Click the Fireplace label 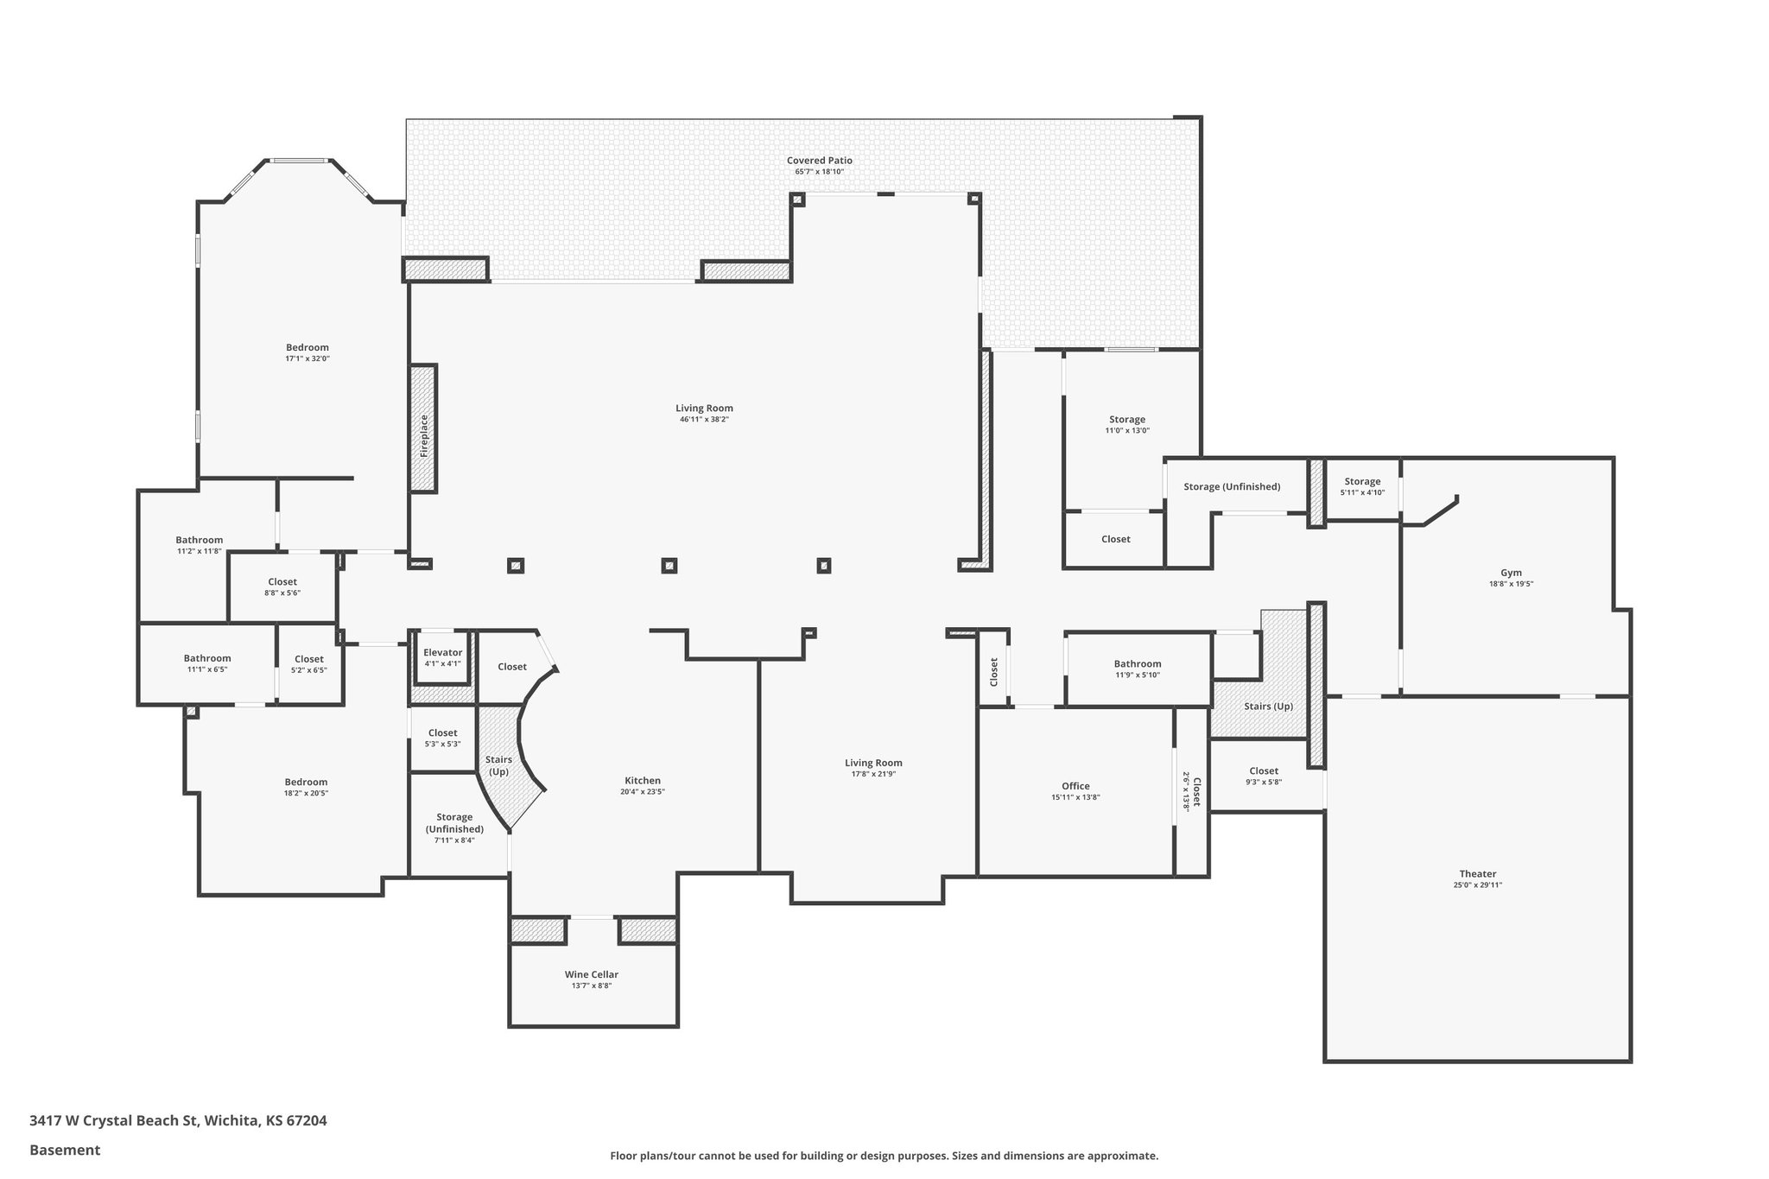423,436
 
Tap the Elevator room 442,657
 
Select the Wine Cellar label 591,974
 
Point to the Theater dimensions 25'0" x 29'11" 1477,884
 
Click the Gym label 1511,573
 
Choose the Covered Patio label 819,161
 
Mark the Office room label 1075,786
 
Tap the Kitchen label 642,781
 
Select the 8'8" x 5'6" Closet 282,586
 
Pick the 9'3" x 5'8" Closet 1263,776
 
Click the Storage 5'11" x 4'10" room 1361,486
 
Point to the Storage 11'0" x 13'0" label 1126,420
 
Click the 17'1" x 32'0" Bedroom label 308,348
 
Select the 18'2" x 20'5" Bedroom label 306,783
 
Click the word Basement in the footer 65,1150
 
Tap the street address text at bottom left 178,1121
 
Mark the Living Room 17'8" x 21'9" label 873,763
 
